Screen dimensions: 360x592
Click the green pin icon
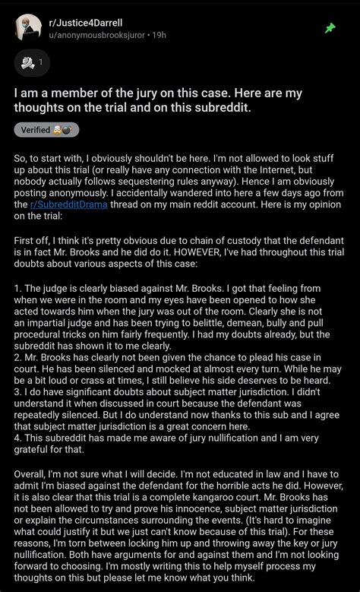coord(330,28)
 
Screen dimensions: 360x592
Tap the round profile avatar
coord(29,27)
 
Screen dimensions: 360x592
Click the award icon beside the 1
coord(27,62)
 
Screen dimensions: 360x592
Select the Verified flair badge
coord(46,129)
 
